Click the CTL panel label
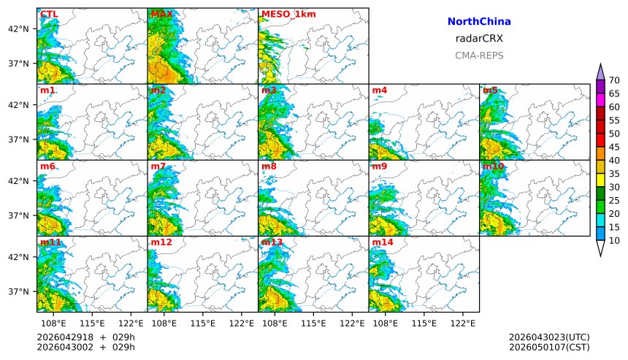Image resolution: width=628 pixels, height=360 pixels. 49,14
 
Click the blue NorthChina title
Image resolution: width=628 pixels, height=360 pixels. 479,22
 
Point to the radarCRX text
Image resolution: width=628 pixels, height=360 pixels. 479,39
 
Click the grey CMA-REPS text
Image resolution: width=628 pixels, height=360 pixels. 479,55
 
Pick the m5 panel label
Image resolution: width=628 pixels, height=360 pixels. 490,91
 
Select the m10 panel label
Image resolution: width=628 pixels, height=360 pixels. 493,166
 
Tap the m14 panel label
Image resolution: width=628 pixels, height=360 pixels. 383,242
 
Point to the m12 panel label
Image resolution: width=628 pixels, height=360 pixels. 161,242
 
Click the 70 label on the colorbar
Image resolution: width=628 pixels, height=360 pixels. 614,80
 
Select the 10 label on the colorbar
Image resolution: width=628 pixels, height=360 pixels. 614,240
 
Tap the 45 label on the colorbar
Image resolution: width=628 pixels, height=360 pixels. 614,147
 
